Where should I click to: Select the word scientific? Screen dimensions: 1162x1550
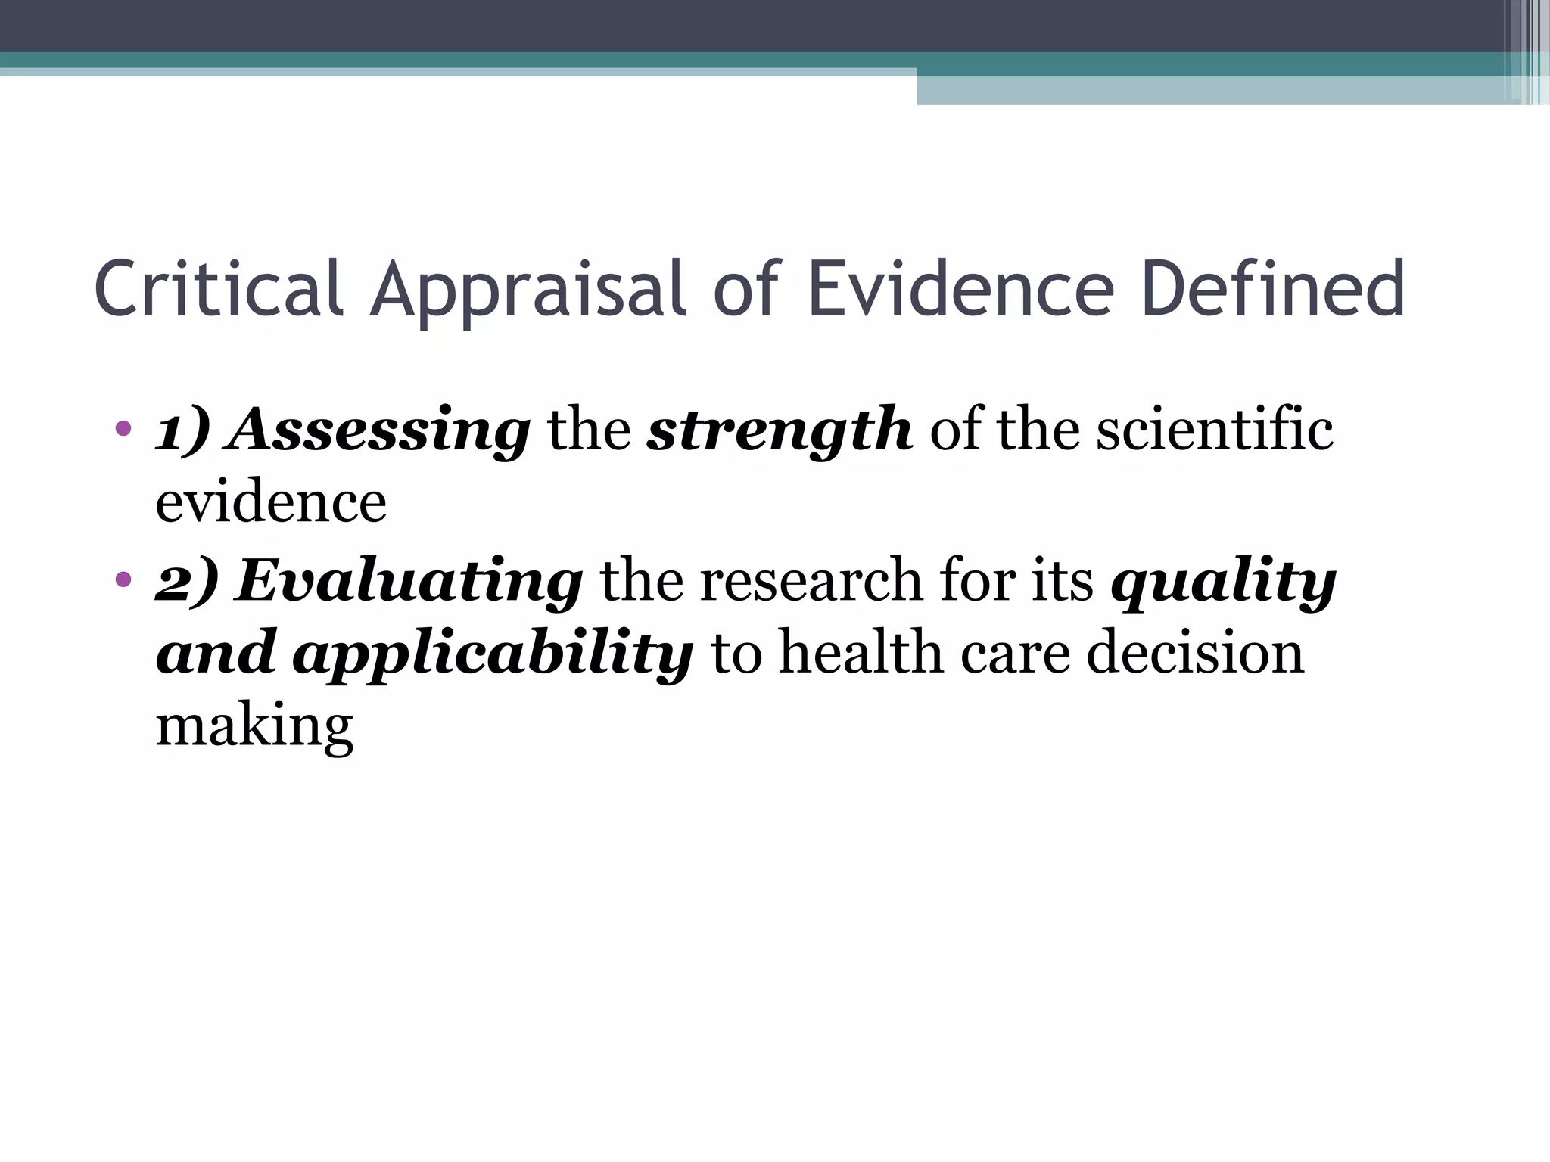click(x=1215, y=430)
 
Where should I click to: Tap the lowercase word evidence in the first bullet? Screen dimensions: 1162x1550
click(x=271, y=502)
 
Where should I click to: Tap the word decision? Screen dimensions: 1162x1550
click(x=1195, y=652)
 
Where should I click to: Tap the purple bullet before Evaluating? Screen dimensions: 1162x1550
click(x=123, y=580)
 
